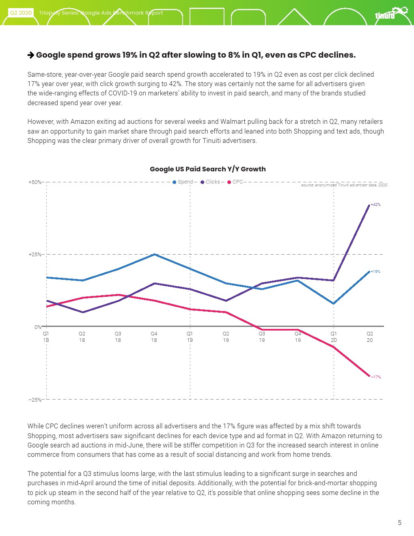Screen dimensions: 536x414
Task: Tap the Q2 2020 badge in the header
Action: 21,13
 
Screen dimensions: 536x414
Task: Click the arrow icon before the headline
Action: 31,55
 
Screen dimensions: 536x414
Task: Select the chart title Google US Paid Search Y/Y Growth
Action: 208,169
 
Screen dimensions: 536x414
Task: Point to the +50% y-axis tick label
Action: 34,182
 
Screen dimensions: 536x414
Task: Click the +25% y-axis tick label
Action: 34,255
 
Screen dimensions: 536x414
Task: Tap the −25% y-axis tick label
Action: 34,400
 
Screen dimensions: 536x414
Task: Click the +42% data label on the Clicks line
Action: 375,205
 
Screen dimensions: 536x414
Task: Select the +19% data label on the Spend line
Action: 375,272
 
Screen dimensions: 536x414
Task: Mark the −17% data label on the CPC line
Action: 376,377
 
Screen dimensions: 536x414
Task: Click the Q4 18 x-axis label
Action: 154,337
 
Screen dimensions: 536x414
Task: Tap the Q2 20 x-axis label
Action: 370,337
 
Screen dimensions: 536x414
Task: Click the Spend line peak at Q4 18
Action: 154,255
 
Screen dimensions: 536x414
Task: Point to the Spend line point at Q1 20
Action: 334,303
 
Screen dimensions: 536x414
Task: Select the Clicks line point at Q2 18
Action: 83,312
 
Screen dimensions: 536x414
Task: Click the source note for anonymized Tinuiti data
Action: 344,185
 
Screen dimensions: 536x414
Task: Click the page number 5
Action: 399,523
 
